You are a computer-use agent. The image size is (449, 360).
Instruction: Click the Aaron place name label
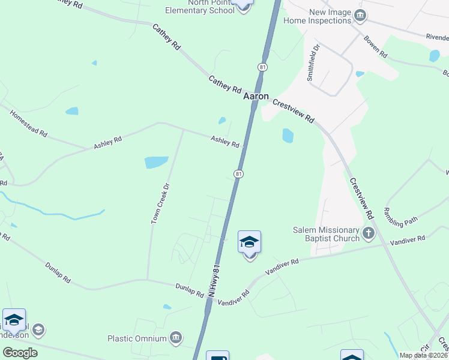point(256,96)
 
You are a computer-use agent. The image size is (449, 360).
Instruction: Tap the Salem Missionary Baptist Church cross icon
point(369,233)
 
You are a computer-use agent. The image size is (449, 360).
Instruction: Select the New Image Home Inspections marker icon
point(360,16)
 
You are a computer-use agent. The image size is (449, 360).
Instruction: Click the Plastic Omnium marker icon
point(176,338)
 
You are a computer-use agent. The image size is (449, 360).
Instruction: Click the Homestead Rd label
point(28,123)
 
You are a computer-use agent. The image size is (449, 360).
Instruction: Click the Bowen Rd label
point(375,47)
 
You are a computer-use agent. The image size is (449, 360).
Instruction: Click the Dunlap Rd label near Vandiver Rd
point(190,290)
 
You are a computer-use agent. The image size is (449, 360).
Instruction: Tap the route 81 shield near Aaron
point(262,67)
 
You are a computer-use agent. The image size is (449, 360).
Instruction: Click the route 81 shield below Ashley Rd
point(238,174)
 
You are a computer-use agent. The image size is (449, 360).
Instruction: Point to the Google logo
point(20,353)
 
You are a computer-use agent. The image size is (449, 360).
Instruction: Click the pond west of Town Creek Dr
point(156,162)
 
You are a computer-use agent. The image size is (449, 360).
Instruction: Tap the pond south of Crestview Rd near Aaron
point(288,136)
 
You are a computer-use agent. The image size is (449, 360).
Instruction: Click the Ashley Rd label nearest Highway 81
point(225,142)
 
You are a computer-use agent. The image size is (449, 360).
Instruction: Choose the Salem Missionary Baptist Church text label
point(327,234)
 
